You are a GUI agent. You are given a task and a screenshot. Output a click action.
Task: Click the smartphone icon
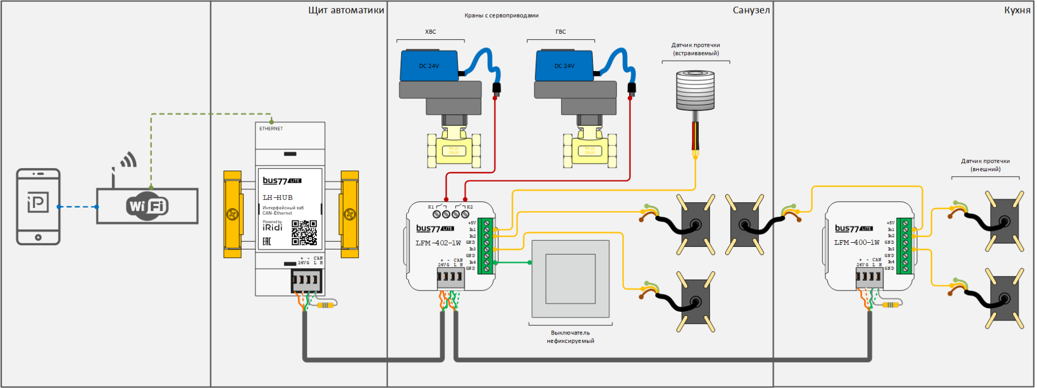pyautogui.click(x=38, y=206)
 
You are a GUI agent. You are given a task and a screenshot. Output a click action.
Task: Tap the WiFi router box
pyautogui.click(x=147, y=206)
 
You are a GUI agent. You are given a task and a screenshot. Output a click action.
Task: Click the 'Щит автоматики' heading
pyautogui.click(x=346, y=10)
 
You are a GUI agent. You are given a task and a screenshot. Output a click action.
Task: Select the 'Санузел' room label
pyautogui.click(x=751, y=10)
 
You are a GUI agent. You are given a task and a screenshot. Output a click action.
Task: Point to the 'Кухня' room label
pyautogui.click(x=1017, y=10)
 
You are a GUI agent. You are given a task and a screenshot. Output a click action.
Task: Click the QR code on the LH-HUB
pyautogui.click(x=304, y=232)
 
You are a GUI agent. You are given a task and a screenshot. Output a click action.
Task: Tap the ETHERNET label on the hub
pyautogui.click(x=271, y=129)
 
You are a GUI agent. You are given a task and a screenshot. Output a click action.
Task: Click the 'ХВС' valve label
pyautogui.click(x=431, y=32)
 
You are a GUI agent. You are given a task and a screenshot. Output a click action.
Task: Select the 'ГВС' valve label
pyautogui.click(x=561, y=32)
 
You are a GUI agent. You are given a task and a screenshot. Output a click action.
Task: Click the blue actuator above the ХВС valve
pyautogui.click(x=429, y=65)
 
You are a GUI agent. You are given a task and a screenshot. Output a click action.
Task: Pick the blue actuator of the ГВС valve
pyautogui.click(x=564, y=65)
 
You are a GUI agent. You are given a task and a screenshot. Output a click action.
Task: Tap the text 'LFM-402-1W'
pyautogui.click(x=438, y=243)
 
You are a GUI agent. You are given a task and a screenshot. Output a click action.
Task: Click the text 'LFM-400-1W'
pyautogui.click(x=857, y=242)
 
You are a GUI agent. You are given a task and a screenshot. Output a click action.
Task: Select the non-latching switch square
pyautogui.click(x=571, y=279)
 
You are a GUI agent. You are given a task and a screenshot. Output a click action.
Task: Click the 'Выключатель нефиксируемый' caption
pyautogui.click(x=571, y=337)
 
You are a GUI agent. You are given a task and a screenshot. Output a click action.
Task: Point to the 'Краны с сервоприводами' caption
pyautogui.click(x=501, y=16)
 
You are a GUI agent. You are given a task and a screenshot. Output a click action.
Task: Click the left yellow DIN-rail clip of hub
pyautogui.click(x=232, y=214)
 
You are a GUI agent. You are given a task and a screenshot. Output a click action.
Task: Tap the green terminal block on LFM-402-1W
pyautogui.click(x=486, y=246)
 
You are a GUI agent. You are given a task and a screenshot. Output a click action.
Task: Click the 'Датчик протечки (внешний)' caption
pyautogui.click(x=985, y=165)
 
